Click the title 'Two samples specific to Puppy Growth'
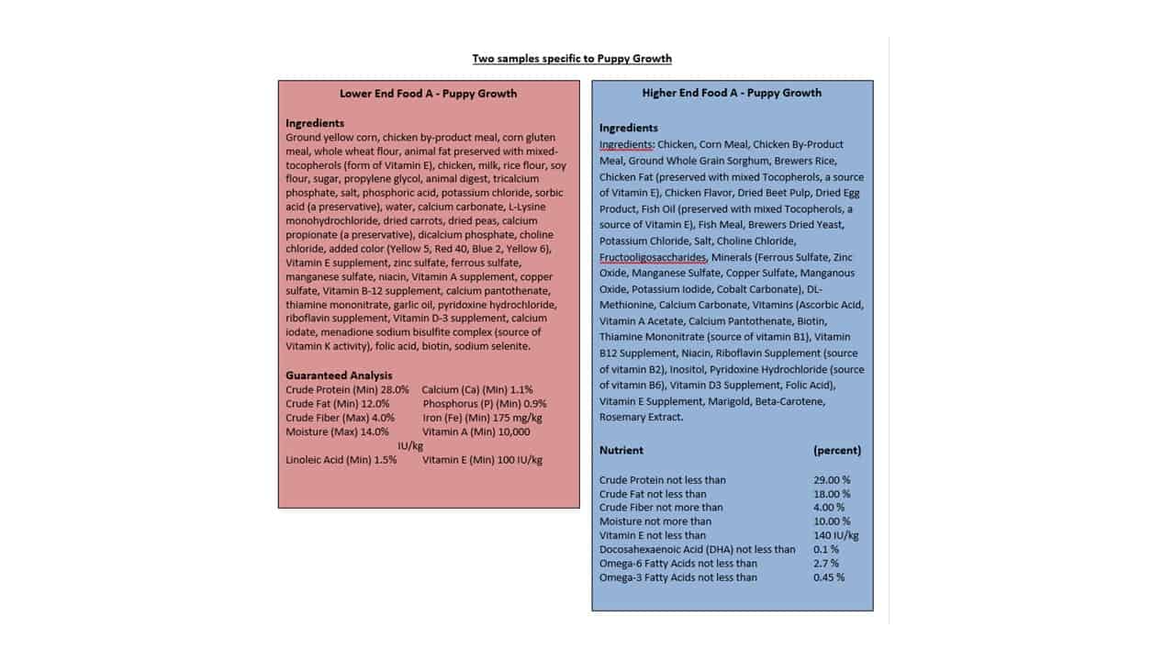tap(572, 59)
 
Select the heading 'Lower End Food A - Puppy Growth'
tap(428, 93)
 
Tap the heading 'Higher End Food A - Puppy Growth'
tap(732, 93)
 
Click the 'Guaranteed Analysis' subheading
tap(339, 375)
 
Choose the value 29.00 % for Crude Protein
tap(832, 479)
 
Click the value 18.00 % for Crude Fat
tap(832, 494)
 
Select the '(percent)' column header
tap(837, 450)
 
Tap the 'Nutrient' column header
tap(621, 450)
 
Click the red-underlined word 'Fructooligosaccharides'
tap(653, 257)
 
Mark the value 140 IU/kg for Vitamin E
tap(836, 535)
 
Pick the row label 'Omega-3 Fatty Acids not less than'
tap(678, 577)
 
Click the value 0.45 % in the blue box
tap(829, 577)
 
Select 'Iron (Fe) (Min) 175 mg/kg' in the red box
tap(482, 417)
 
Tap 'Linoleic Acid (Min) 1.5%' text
tap(341, 459)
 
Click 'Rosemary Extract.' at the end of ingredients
tap(642, 417)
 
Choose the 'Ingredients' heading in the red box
tap(315, 123)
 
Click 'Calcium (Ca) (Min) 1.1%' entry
tap(477, 389)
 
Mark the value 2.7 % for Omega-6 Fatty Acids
tap(826, 563)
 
